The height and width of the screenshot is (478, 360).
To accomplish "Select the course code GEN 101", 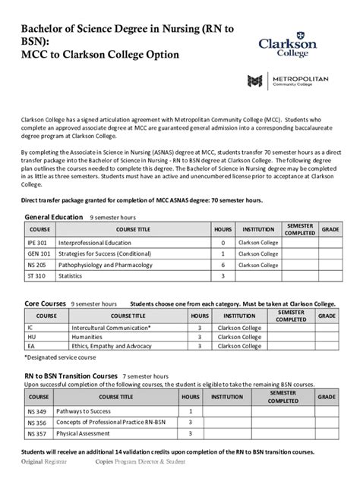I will point(39,254).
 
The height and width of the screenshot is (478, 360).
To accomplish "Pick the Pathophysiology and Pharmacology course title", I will point(100,266).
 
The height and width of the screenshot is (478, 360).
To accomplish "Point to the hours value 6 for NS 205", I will point(223,266).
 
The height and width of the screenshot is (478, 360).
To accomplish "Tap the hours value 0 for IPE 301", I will point(223,243).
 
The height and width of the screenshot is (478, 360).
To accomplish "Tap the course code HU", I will point(31,338).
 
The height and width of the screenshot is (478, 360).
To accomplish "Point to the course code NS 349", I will point(36,410).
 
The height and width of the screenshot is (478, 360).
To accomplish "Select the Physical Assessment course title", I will point(84,433).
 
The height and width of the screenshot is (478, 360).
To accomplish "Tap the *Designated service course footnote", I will point(60,357).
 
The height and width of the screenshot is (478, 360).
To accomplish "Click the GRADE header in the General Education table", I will point(330,228).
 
